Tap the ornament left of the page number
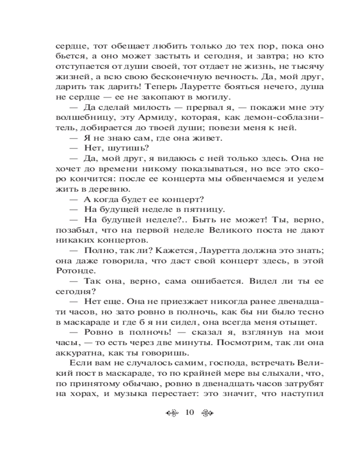(x=172, y=413)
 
